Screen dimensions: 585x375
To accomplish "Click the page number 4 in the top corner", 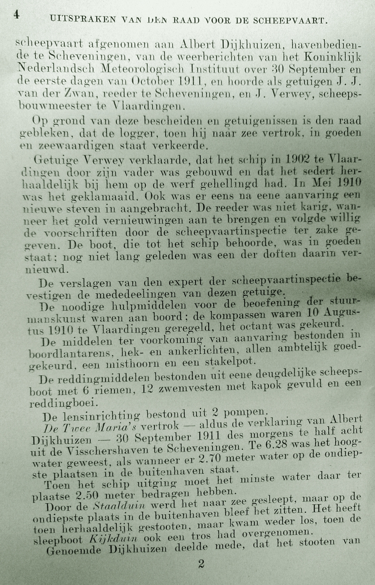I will click(x=16, y=15).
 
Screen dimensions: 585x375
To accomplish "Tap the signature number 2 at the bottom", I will click(x=201, y=564).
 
